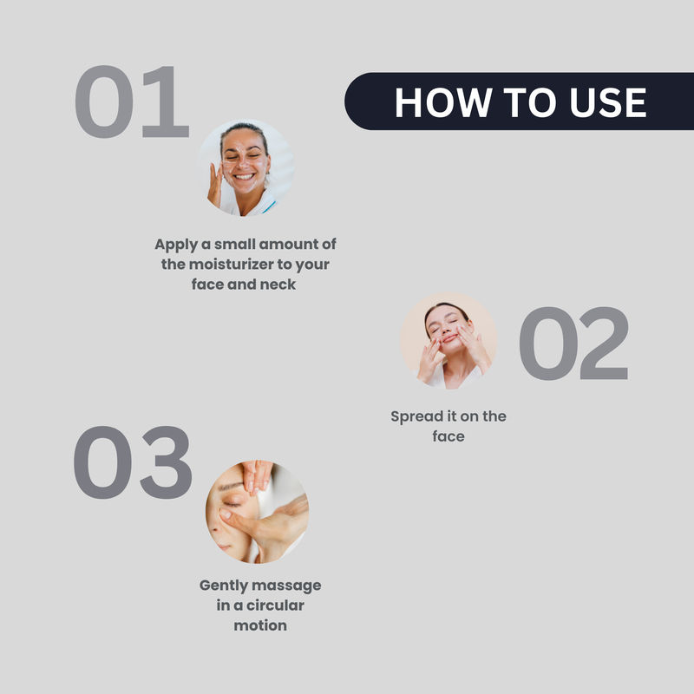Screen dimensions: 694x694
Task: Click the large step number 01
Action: (132, 101)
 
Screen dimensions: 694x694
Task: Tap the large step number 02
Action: (573, 343)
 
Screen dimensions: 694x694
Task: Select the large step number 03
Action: (133, 462)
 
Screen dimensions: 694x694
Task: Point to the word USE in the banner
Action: (608, 102)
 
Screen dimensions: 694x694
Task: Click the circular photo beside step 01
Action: (246, 167)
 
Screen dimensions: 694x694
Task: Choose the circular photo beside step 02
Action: (448, 341)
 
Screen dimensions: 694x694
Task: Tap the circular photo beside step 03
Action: (257, 512)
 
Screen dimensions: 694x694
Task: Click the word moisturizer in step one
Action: (231, 265)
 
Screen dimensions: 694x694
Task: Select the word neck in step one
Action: (278, 285)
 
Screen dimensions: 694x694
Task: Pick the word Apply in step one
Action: (176, 245)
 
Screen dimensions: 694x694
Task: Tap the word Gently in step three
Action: (223, 586)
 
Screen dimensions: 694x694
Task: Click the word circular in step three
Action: (275, 605)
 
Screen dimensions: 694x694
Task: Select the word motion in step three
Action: (260, 625)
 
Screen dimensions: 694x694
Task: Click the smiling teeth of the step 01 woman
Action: (245, 177)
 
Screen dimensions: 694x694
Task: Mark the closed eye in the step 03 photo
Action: (232, 504)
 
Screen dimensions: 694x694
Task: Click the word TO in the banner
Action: (530, 102)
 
